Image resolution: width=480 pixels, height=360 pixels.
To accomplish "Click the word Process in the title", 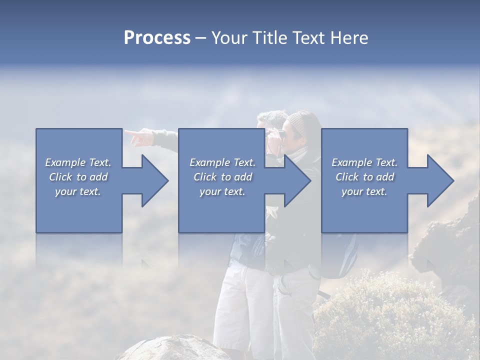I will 157,38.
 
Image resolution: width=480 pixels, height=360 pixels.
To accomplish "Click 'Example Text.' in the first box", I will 78,162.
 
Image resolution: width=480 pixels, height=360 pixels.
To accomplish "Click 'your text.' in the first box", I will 78,191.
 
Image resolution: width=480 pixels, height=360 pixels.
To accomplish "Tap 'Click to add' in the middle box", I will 222,177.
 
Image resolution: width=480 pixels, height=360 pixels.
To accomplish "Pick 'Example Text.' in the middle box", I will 222,162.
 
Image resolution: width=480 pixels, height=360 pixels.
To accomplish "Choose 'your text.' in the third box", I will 364,191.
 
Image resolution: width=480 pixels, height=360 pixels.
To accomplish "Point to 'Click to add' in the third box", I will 364,177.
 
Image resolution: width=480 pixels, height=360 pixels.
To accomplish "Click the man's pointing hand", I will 137,136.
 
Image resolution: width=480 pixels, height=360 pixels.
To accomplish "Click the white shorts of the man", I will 240,300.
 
